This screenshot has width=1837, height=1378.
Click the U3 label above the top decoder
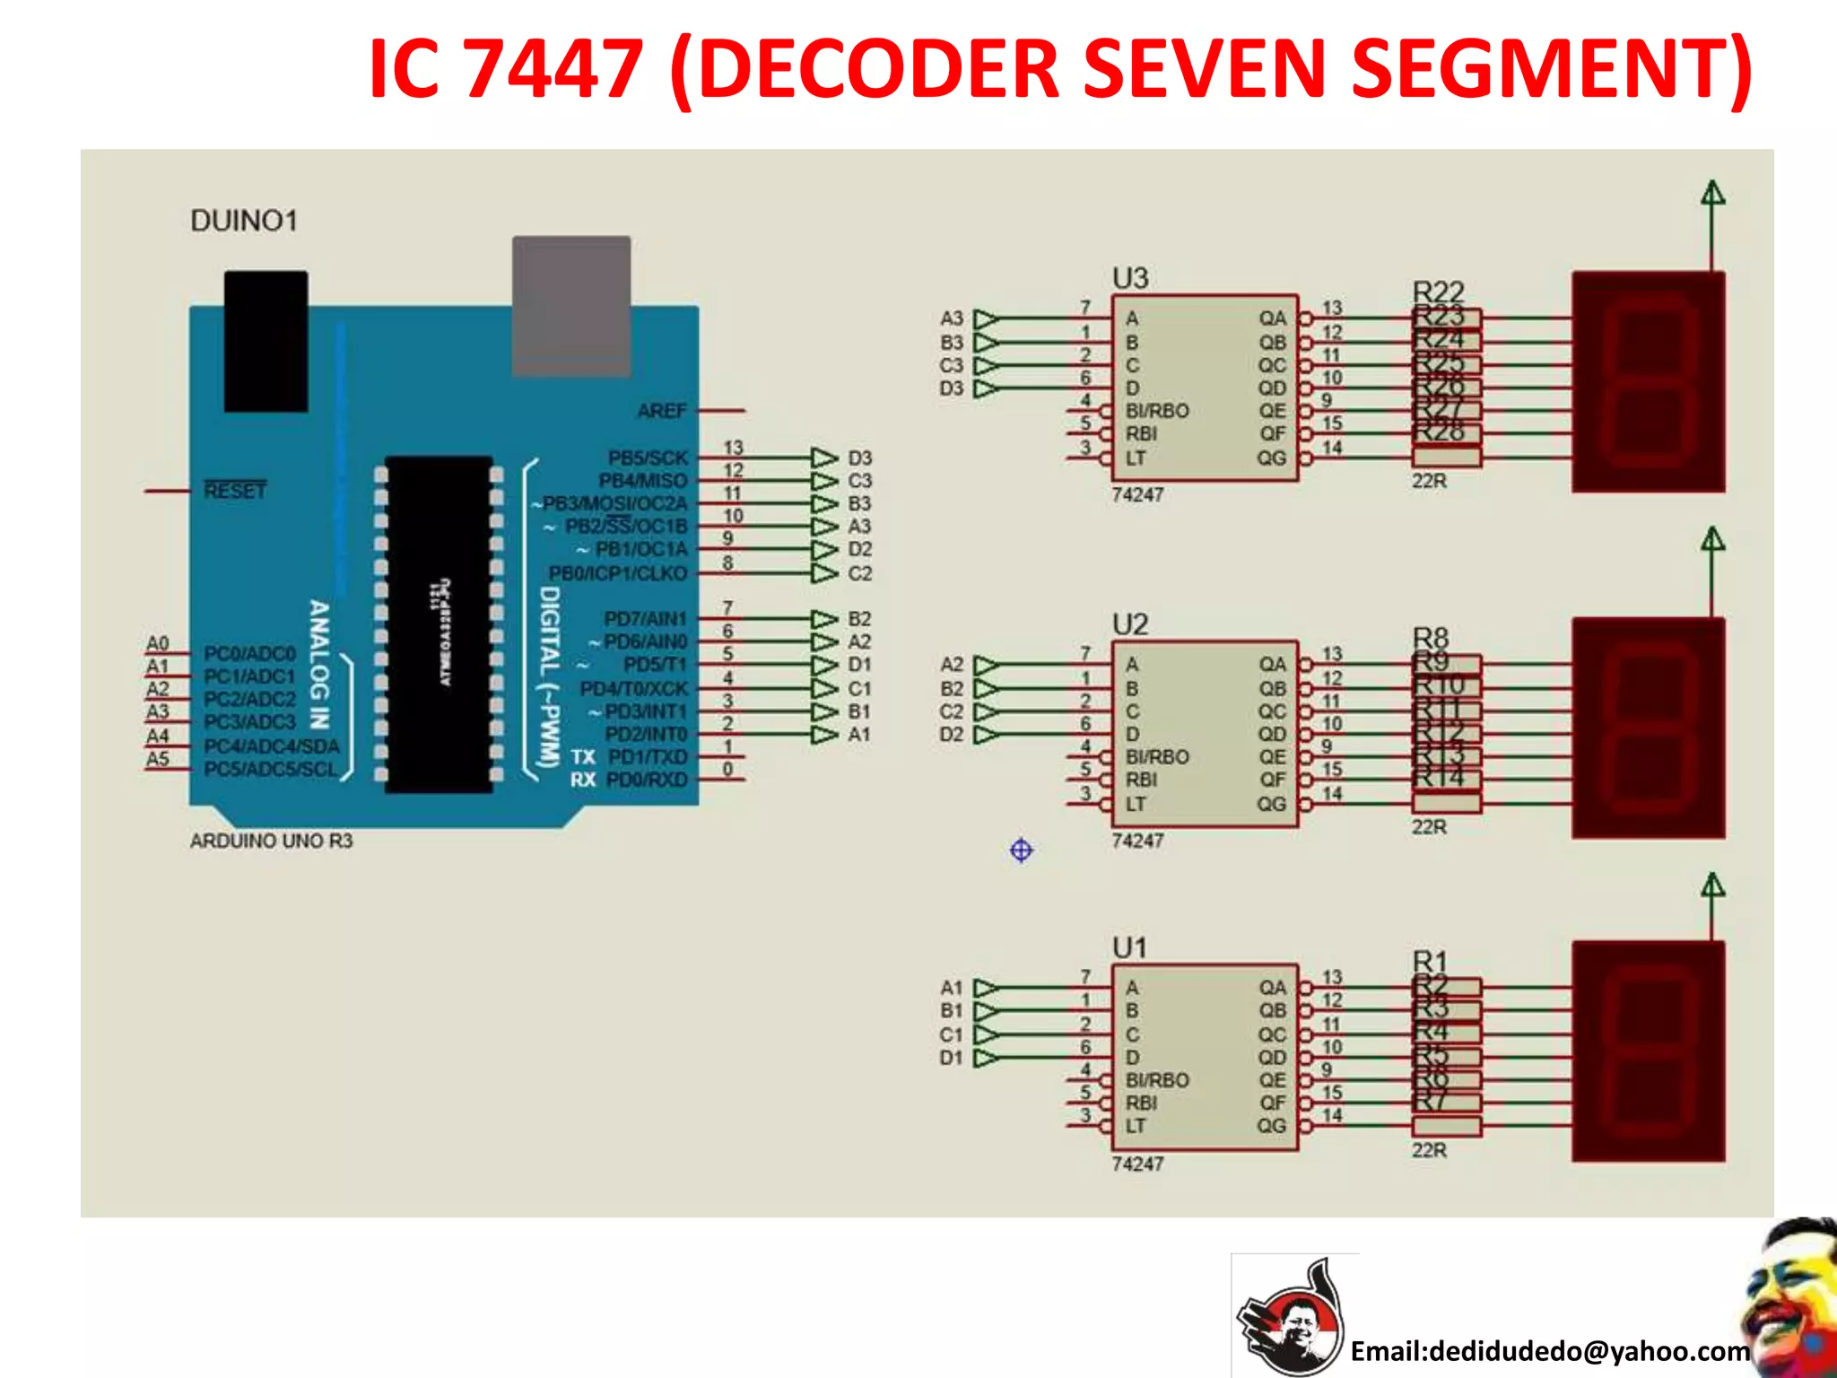[x=1130, y=278]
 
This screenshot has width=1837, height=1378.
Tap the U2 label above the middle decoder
[x=1130, y=624]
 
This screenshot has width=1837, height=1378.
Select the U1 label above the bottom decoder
[x=1130, y=947]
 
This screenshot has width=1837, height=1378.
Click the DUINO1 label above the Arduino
[x=244, y=221]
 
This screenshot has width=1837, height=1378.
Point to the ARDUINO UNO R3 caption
[x=271, y=841]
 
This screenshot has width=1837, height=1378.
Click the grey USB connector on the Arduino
[x=571, y=305]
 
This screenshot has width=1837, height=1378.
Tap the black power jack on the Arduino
[x=266, y=341]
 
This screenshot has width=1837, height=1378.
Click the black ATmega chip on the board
[x=439, y=624]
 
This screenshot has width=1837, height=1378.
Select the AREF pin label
[x=662, y=411]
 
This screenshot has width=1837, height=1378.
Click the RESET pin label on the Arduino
[x=235, y=491]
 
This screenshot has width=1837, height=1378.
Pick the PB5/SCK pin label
[x=648, y=458]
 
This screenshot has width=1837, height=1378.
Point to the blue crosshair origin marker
[x=1021, y=850]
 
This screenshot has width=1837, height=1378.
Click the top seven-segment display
[x=1648, y=383]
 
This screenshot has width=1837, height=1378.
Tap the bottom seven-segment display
[x=1648, y=1051]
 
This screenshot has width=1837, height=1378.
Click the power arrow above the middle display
[x=1713, y=540]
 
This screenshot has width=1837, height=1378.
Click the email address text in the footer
[x=1550, y=1350]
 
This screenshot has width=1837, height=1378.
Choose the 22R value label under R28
[x=1429, y=481]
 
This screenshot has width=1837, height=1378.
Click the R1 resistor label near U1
[x=1431, y=961]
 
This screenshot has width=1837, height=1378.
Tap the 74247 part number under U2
[x=1137, y=841]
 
